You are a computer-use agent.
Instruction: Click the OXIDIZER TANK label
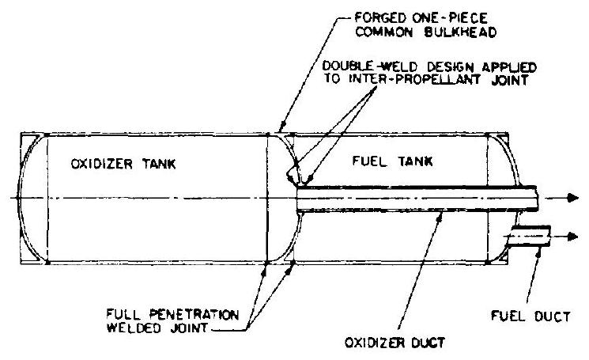111,165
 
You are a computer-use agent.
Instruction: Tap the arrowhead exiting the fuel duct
573,237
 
